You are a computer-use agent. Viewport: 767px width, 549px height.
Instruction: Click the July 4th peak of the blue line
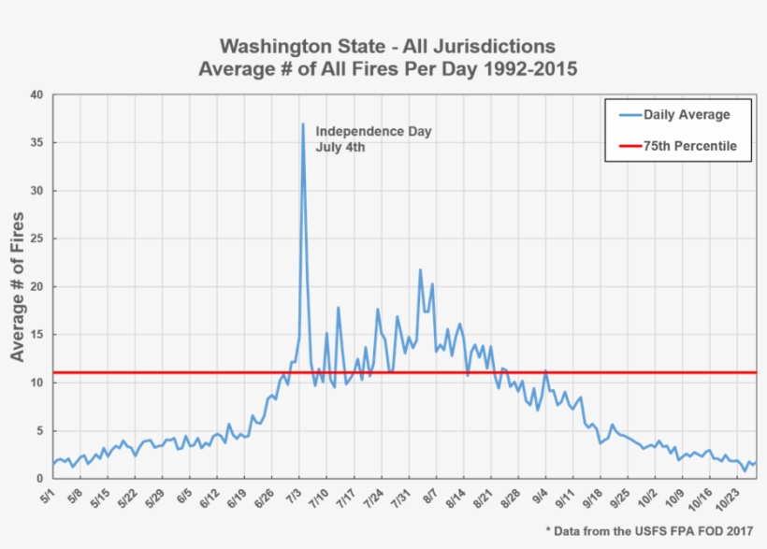click(303, 124)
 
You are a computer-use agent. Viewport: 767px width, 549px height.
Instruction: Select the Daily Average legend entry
click(687, 115)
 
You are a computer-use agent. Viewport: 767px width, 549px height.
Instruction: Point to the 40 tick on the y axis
click(36, 94)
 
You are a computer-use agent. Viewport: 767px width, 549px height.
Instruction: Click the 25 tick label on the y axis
click(36, 238)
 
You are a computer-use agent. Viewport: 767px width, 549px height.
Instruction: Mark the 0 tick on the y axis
click(39, 478)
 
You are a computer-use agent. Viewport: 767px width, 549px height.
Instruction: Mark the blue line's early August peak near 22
click(420, 270)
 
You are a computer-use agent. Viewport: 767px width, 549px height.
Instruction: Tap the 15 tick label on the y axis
click(36, 334)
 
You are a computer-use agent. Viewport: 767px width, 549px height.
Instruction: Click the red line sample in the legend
click(625, 146)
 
